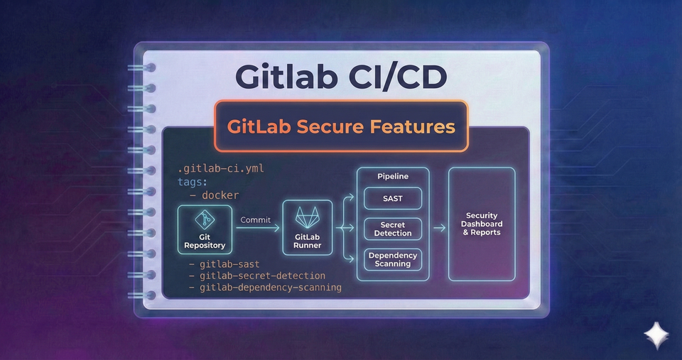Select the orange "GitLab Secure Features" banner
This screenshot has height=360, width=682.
[x=340, y=126]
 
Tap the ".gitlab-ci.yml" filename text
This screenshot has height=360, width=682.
[x=221, y=170]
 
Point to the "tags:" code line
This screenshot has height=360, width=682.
[x=194, y=182]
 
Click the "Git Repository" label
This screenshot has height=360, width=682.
[x=205, y=241]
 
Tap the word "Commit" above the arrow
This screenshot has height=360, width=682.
[x=256, y=220]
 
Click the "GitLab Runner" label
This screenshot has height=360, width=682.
[x=307, y=241]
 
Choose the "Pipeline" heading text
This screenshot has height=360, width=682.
[x=393, y=176]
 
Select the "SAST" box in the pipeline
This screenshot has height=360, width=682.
[x=393, y=199]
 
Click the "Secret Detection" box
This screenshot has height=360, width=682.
[x=393, y=229]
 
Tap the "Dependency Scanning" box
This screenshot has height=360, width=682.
[x=393, y=259]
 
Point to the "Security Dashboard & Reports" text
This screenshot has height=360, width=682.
[x=482, y=224]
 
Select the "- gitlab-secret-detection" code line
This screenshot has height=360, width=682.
[x=257, y=276]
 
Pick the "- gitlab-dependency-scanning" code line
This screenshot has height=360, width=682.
[x=265, y=288]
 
